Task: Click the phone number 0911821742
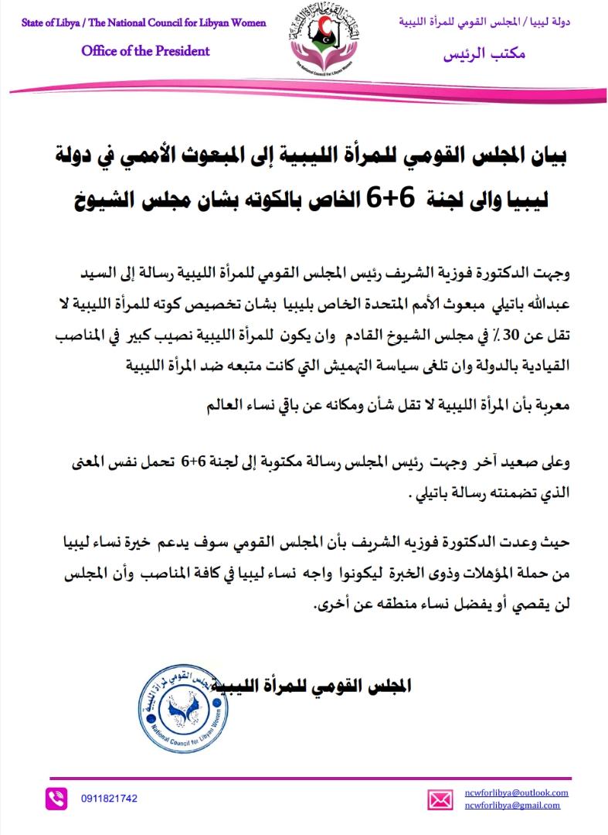tap(109, 798)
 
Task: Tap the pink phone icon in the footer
tap(56, 798)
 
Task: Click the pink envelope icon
tap(440, 799)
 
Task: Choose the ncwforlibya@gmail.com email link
tap(512, 805)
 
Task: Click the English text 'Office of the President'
tap(145, 51)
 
